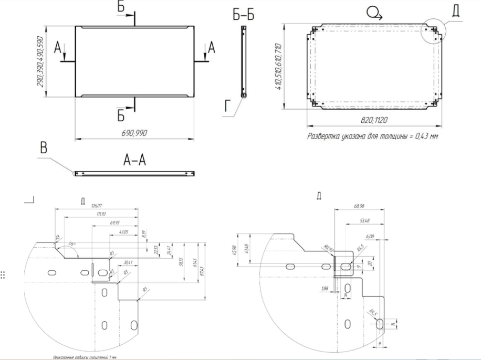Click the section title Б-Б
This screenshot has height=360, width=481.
243,16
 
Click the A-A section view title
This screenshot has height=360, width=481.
134,161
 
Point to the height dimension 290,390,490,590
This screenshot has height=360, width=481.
40,61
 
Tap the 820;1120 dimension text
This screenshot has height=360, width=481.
375,121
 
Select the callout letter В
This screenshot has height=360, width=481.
45,149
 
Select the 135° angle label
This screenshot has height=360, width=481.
72,243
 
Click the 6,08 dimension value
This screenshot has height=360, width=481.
369,237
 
